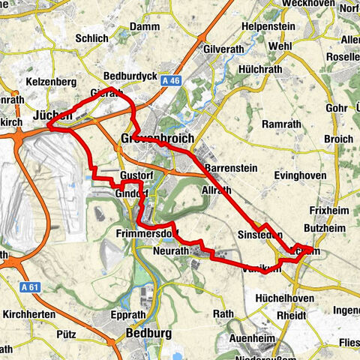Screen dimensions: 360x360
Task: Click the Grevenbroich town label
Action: [x=157, y=139]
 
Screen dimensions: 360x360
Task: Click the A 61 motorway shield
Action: [x=29, y=286]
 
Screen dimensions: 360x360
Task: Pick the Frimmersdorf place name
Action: [x=145, y=233]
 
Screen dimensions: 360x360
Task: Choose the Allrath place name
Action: [x=218, y=192]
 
